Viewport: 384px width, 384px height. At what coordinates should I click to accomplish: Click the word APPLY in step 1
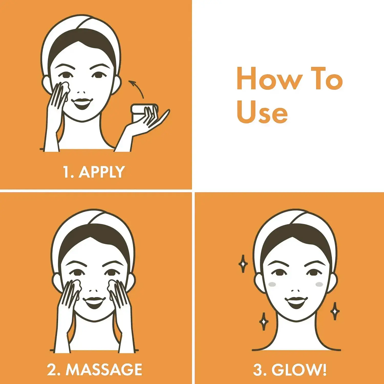click(102, 172)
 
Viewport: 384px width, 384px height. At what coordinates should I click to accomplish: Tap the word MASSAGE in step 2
click(104, 369)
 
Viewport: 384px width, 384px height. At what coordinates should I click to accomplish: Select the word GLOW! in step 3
click(299, 370)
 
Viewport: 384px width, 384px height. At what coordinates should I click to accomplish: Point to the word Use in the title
click(262, 112)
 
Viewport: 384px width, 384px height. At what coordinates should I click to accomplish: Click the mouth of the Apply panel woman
click(81, 104)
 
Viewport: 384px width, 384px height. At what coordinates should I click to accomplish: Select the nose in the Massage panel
click(93, 291)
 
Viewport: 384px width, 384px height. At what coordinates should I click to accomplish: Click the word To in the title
click(327, 78)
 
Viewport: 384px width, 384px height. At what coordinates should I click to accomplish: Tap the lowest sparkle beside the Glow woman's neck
click(263, 321)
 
